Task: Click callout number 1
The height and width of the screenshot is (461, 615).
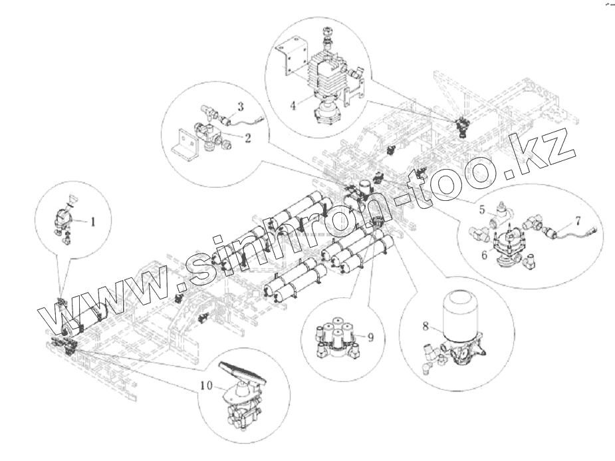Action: click(x=93, y=222)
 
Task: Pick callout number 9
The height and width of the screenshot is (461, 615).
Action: click(x=371, y=337)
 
